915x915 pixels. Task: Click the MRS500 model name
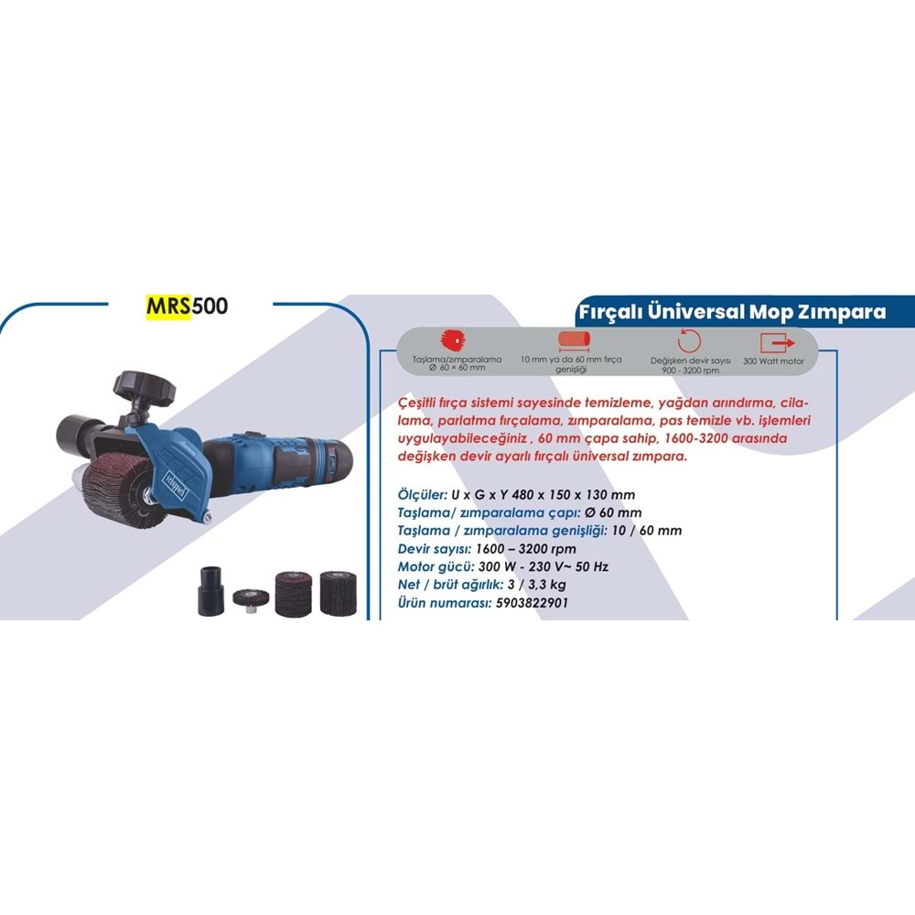tap(187, 307)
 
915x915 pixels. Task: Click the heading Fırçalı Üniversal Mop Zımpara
tap(732, 312)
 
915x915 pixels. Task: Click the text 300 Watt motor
tap(774, 361)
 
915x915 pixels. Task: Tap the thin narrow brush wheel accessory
tap(244, 598)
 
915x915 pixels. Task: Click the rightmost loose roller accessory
tap(338, 592)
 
